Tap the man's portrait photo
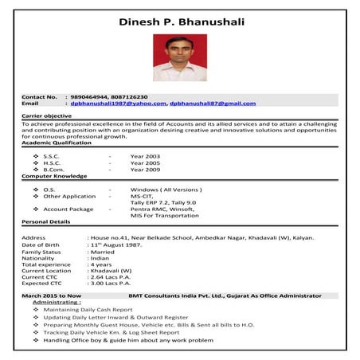pos(179,57)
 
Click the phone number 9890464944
pos(88,96)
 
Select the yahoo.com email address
pos(118,104)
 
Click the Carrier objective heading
pos(47,116)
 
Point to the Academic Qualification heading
pos(57,143)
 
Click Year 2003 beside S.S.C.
pos(145,156)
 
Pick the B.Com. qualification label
pos(54,170)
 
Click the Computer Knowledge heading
pos(54,176)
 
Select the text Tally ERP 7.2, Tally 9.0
pos(162,203)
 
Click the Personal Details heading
pos(45,221)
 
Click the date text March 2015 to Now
pos(52,295)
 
